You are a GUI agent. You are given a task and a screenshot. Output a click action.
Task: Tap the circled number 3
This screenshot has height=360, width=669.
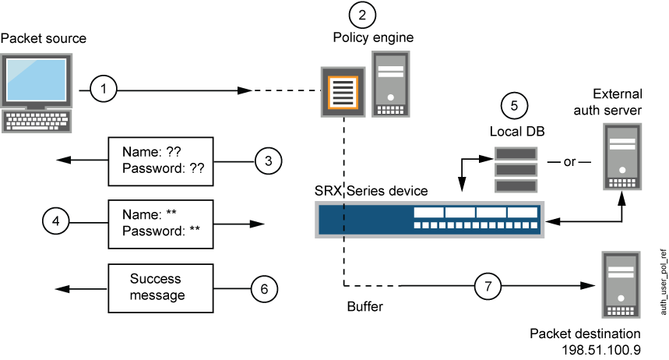(269, 161)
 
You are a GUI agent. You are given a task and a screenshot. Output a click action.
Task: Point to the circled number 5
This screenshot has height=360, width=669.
(514, 105)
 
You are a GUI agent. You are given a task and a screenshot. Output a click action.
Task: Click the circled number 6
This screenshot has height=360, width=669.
(265, 288)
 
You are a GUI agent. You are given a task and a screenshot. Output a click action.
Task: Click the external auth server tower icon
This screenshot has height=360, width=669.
(623, 160)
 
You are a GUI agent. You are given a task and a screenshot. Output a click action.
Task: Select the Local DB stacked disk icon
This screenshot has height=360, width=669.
(517, 169)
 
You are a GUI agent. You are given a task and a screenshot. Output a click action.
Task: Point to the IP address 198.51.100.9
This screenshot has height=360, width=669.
(597, 350)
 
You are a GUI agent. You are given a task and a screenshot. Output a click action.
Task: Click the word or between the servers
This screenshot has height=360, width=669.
(569, 161)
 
